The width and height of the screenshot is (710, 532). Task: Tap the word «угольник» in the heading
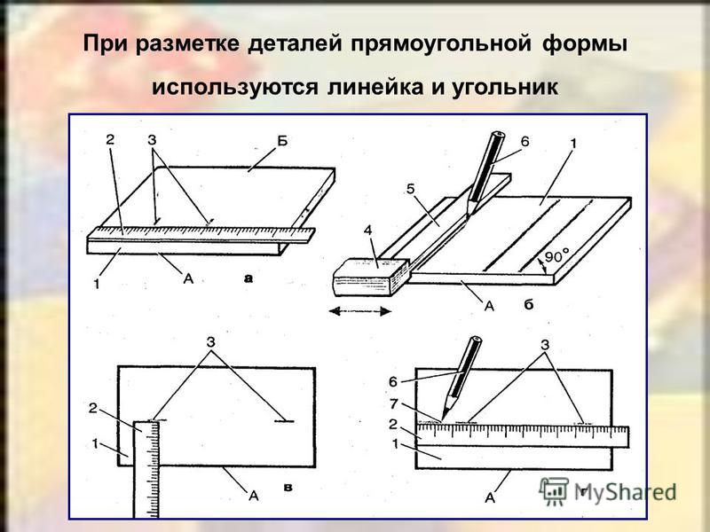[x=505, y=87]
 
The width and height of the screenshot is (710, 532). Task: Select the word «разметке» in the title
[x=186, y=45]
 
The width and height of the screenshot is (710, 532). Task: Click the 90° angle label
[x=556, y=257]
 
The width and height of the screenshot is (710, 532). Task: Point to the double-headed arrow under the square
[x=360, y=311]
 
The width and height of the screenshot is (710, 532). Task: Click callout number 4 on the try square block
[x=367, y=231]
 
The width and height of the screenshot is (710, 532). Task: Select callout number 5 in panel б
[x=410, y=189]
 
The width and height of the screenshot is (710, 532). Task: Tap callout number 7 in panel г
[x=394, y=403]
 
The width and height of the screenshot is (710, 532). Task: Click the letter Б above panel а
[x=282, y=142]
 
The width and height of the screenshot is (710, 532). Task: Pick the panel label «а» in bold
[x=248, y=278]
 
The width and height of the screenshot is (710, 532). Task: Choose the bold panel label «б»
[x=529, y=304]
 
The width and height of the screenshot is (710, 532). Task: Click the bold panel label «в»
[x=288, y=487]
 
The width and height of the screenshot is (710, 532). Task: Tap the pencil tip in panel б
[x=469, y=215]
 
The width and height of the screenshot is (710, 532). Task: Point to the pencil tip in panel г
[x=444, y=418]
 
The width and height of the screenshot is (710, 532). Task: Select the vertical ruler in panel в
[x=146, y=469]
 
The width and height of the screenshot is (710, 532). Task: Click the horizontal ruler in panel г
[x=523, y=436]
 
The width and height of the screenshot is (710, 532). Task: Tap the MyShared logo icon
[x=553, y=491]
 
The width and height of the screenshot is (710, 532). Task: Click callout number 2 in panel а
[x=110, y=139]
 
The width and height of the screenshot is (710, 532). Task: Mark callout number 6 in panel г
[x=393, y=382]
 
